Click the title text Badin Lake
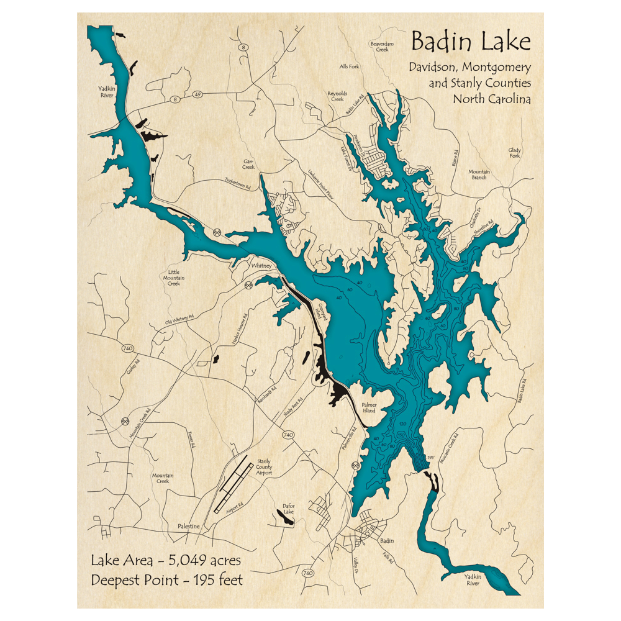point(471,42)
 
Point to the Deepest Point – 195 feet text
point(167,581)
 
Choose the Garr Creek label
point(248,164)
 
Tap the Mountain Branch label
point(479,175)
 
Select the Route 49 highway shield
point(198,94)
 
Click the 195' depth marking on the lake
point(430,458)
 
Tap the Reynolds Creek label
point(336,96)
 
